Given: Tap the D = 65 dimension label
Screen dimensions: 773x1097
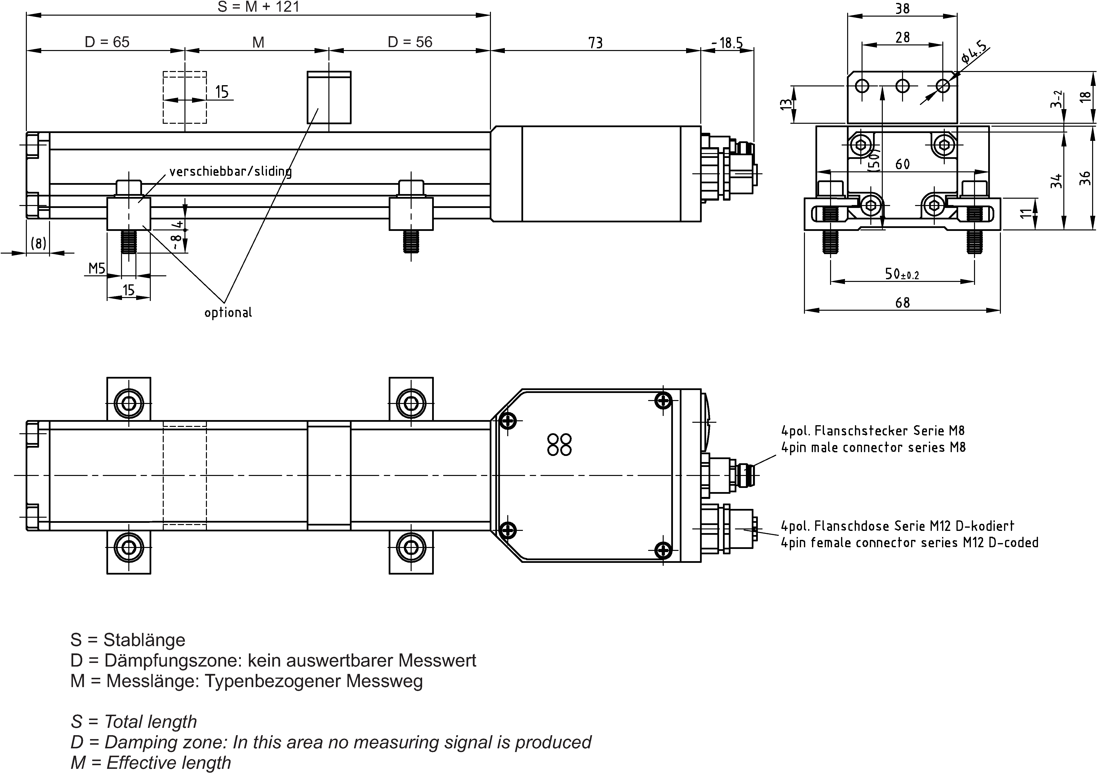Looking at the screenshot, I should pos(107,42).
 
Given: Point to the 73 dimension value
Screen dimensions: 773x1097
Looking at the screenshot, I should pos(595,43).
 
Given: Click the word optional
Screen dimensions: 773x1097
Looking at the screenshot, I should pos(228,313).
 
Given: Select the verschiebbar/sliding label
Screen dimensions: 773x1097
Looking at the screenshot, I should pos(230,171).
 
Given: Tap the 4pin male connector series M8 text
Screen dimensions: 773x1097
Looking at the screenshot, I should pos(873,447).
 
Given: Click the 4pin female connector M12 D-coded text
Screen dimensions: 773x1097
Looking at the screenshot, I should pos(909,543).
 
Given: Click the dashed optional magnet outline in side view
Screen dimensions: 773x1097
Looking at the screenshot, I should pos(185,98).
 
